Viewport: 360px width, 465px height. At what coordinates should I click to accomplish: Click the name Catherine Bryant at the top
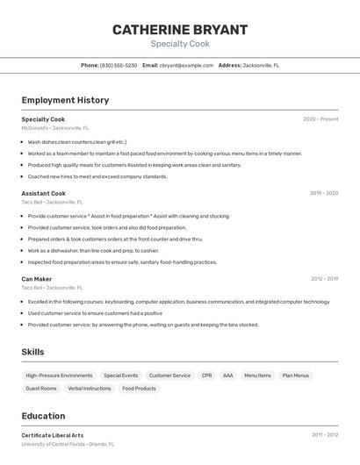pyautogui.click(x=180, y=30)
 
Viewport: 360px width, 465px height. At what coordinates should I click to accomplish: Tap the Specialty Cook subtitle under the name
pyautogui.click(x=180, y=44)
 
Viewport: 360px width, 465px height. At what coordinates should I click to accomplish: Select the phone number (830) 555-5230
pyautogui.click(x=119, y=65)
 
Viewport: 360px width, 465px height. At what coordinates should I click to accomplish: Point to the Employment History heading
pyautogui.click(x=65, y=100)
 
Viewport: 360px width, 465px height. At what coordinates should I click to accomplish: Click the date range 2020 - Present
pyautogui.click(x=320, y=119)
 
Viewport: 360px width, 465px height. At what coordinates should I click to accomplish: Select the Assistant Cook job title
pyautogui.click(x=44, y=193)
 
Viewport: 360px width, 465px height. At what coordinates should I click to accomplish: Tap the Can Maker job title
pyautogui.click(x=37, y=279)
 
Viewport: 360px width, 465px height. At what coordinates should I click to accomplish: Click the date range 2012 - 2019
pyautogui.click(x=324, y=279)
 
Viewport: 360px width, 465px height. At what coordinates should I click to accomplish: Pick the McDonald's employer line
pyautogui.click(x=55, y=128)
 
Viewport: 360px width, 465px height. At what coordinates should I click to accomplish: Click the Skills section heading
pyautogui.click(x=33, y=352)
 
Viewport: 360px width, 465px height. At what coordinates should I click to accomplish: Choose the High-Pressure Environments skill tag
pyautogui.click(x=59, y=376)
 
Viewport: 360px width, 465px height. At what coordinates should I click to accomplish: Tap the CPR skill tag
pyautogui.click(x=206, y=376)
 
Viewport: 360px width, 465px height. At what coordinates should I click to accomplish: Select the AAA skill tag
pyautogui.click(x=227, y=376)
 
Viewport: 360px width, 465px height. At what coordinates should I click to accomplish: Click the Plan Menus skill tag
pyautogui.click(x=295, y=376)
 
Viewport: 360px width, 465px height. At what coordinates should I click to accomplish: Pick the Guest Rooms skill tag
pyautogui.click(x=41, y=388)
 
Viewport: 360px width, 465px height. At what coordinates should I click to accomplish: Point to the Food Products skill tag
pyautogui.click(x=139, y=388)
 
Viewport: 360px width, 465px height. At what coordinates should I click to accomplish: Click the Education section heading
pyautogui.click(x=44, y=416)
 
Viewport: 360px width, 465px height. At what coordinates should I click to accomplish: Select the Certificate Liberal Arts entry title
pyautogui.click(x=53, y=435)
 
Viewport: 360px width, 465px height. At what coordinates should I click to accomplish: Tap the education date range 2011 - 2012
pyautogui.click(x=324, y=435)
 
